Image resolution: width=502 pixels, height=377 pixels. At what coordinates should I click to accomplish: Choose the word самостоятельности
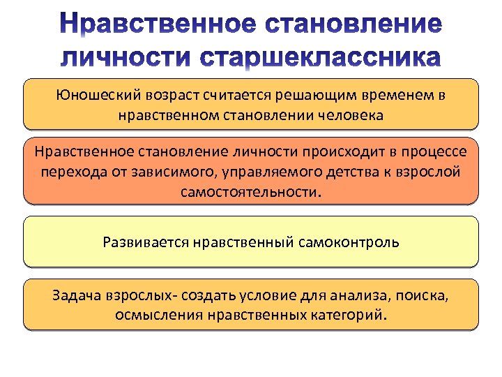pyautogui.click(x=250, y=191)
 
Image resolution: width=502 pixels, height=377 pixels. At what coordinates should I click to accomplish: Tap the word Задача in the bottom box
pyautogui.click(x=76, y=295)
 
